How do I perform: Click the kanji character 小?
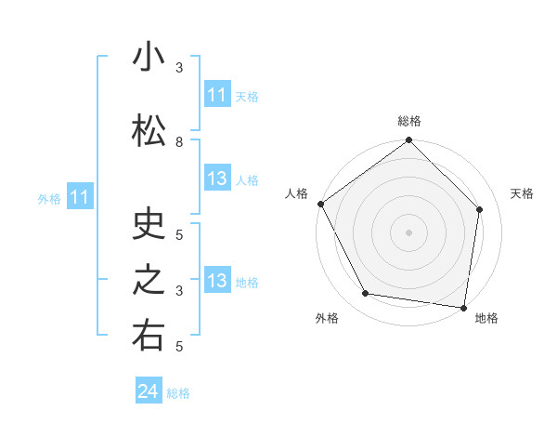pos(149,59)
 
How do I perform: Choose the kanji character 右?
pos(149,338)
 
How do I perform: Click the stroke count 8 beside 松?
pos(179,142)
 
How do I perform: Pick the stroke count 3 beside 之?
pos(179,291)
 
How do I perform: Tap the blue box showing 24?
pos(149,391)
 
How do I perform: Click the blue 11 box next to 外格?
pos(80,197)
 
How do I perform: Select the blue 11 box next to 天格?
pos(216,95)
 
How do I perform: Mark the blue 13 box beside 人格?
pos(216,179)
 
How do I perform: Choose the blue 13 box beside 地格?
pos(216,281)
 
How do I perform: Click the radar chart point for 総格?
pos(408,140)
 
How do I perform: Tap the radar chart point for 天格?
pos(480,209)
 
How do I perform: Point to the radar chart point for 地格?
pos(464,307)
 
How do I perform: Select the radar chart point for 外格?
pos(366,294)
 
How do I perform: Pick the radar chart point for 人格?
pos(320,204)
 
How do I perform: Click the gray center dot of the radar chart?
pos(408,232)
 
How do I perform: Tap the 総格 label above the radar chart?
pos(408,121)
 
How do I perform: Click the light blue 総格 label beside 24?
pos(178,393)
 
